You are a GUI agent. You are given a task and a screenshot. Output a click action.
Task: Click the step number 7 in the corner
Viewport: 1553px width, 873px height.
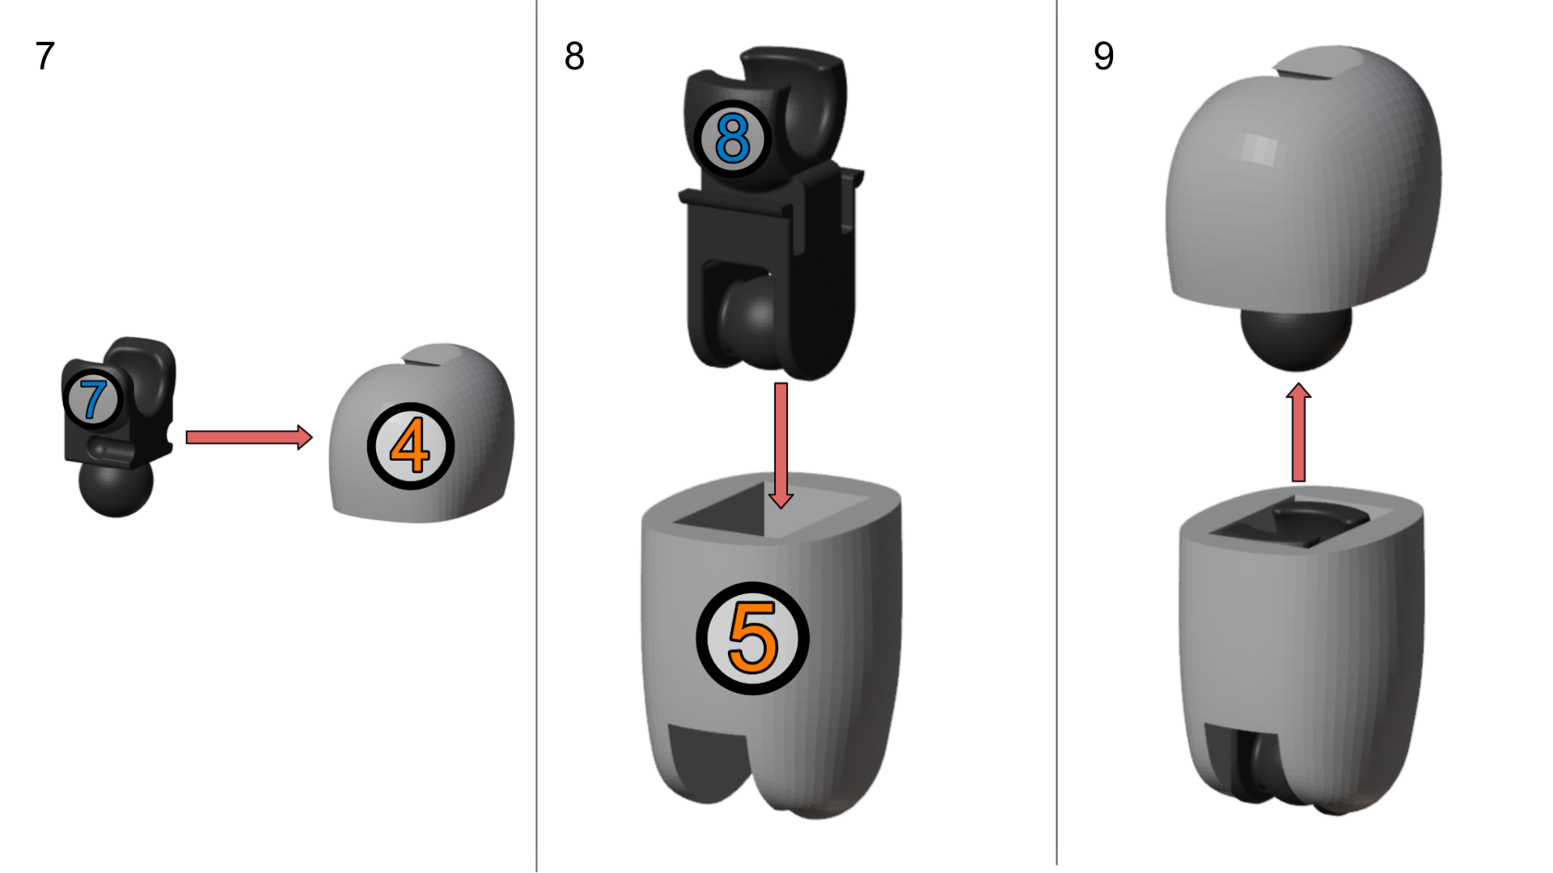click(45, 57)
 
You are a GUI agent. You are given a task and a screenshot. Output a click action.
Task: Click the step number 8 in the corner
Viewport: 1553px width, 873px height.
click(574, 57)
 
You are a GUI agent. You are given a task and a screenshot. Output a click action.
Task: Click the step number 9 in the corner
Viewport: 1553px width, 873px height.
click(1104, 57)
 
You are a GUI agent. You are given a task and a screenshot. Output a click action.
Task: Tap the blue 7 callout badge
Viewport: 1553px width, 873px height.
click(93, 399)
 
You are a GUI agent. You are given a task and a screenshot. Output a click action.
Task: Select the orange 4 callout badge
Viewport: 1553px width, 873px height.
click(411, 446)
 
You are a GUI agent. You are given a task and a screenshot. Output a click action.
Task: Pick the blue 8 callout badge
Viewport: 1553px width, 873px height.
click(733, 139)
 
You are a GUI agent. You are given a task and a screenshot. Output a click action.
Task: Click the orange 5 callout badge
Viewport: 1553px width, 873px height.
click(752, 638)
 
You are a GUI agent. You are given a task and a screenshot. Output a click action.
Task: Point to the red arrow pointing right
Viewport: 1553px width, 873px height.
click(249, 437)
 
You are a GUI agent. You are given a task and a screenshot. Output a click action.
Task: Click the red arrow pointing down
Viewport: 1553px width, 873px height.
click(781, 445)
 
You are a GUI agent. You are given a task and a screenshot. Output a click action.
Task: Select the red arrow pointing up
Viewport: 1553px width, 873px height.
click(1298, 432)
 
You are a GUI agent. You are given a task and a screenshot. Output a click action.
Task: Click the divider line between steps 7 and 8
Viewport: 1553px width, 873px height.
click(536, 436)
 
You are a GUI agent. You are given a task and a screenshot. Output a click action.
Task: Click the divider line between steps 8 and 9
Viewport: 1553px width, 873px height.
click(1056, 432)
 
